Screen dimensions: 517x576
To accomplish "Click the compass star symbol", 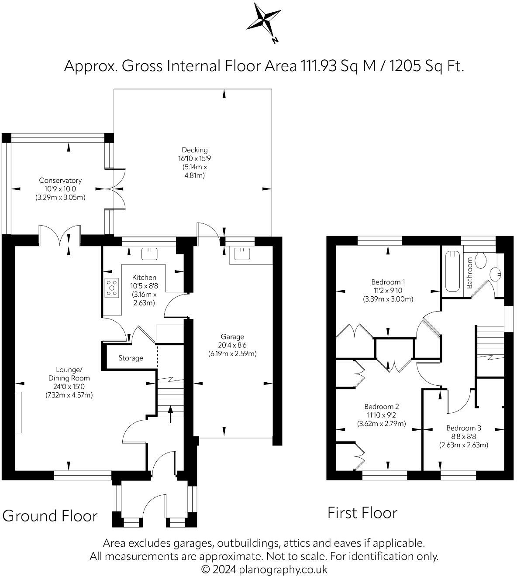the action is point(263,21).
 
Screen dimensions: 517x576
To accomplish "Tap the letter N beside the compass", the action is point(275,41).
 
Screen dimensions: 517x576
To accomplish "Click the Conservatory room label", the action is point(60,180).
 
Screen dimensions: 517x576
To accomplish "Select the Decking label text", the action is point(195,150).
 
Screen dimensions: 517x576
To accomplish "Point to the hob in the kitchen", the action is point(111,288).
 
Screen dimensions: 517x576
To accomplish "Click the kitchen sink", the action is point(150,254).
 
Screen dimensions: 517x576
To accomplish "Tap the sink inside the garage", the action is point(242,254).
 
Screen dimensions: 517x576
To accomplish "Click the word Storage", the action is point(131,358).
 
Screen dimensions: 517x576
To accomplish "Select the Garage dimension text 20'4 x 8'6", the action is point(232,345).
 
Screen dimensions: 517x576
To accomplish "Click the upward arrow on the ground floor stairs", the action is point(170,414).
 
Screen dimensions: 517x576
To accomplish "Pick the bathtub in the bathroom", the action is point(452,271).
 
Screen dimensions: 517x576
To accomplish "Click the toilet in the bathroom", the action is point(481,261).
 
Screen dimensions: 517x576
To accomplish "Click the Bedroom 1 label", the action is point(388,282).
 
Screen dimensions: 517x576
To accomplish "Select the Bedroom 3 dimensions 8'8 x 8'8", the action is point(463,436).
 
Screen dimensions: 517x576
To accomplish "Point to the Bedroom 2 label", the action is point(381,407).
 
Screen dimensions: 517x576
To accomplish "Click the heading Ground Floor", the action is point(50,516).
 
